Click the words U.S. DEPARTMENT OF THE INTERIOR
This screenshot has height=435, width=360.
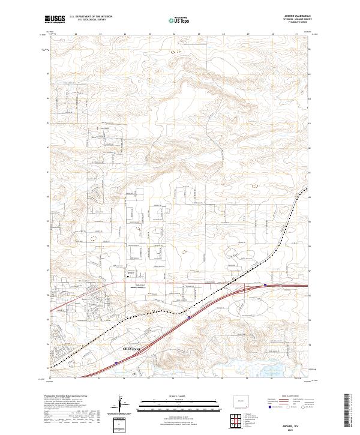click(x=91, y=17)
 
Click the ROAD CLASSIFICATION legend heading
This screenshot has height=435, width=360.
click(x=287, y=397)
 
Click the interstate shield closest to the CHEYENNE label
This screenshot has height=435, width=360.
click(x=115, y=362)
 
